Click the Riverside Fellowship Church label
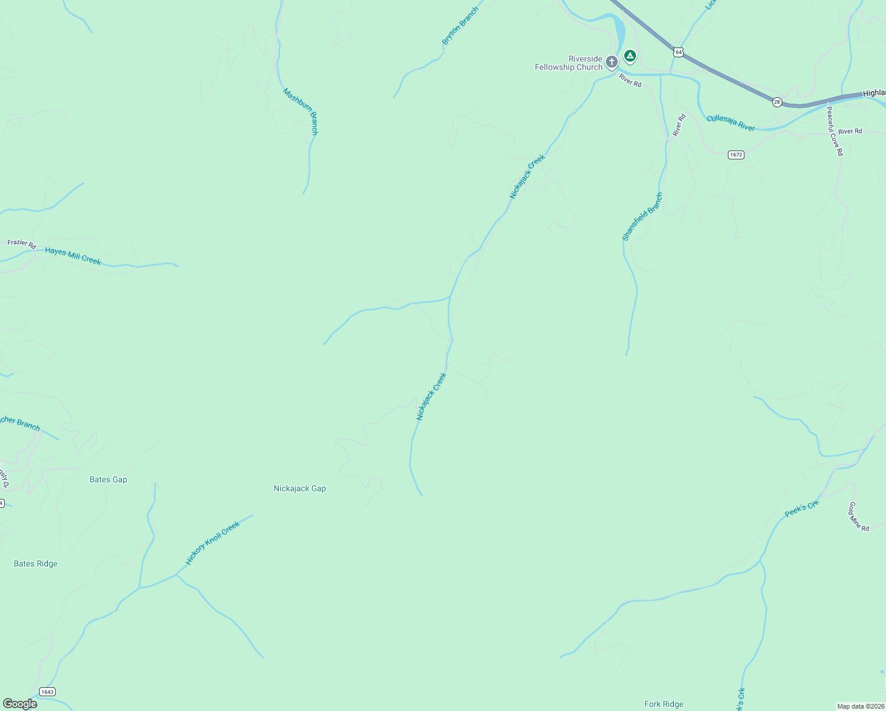568,63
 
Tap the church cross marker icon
612,61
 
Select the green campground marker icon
630,56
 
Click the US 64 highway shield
678,52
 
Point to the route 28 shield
777,102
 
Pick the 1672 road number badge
736,155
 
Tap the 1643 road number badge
47,692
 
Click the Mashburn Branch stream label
301,111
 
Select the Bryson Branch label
460,26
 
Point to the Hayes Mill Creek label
73,256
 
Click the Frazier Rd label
22,243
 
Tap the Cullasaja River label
731,123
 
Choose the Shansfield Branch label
643,216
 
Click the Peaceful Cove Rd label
834,130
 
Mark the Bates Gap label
108,479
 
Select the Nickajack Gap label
300,488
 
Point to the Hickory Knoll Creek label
213,543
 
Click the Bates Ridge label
36,563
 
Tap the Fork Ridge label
664,704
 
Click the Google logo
20,704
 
